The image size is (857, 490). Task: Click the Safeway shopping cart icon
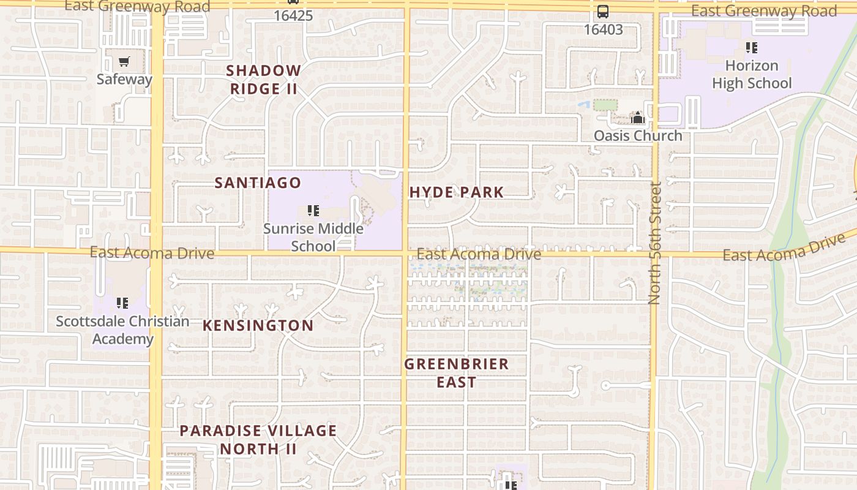(x=124, y=61)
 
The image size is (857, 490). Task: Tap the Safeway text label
(x=124, y=79)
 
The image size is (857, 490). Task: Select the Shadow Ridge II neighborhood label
(x=263, y=80)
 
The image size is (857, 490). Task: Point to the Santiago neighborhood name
(x=258, y=183)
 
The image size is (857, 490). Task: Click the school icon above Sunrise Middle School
(x=313, y=211)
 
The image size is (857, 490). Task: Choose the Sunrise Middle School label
(x=313, y=237)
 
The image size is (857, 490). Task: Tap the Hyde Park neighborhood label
(x=456, y=192)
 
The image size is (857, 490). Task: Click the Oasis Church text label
(x=638, y=135)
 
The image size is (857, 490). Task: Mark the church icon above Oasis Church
(x=638, y=118)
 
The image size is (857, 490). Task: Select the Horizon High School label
(x=752, y=74)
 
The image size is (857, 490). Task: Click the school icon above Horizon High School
(x=752, y=47)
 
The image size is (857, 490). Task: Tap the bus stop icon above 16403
(x=603, y=12)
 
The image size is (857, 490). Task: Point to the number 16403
(x=603, y=29)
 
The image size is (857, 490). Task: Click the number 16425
(x=293, y=15)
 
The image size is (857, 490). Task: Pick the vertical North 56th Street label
(x=654, y=243)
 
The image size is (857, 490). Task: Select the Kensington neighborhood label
(x=258, y=325)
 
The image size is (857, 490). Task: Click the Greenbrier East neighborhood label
(x=456, y=372)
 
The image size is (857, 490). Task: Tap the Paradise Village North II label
(x=258, y=439)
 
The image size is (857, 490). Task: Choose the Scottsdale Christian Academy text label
(x=122, y=330)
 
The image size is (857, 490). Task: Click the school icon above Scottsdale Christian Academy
(x=122, y=303)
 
